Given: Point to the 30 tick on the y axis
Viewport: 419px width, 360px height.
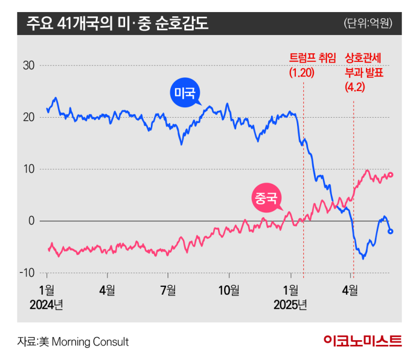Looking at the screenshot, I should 28,66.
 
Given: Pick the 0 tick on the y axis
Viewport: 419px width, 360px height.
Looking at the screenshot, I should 31,221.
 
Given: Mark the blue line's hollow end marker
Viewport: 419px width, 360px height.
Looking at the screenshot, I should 390,231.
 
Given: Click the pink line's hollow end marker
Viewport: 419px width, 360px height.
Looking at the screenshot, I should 391,175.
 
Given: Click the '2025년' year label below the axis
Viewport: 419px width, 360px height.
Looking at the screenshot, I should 290,305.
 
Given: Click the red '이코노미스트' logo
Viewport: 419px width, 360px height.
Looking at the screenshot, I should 362,341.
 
